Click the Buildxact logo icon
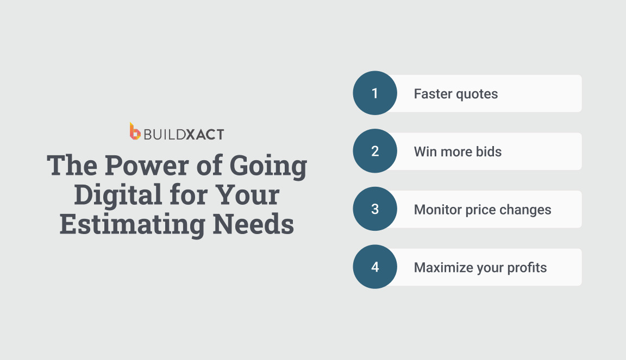click(135, 131)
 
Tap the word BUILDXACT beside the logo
click(184, 134)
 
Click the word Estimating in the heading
click(129, 224)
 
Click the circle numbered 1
click(375, 93)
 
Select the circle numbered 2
click(375, 151)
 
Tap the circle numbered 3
click(375, 210)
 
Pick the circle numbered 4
click(375, 267)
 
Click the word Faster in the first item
click(433, 94)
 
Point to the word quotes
click(477, 94)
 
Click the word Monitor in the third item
click(436, 210)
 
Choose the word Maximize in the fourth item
click(439, 267)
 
